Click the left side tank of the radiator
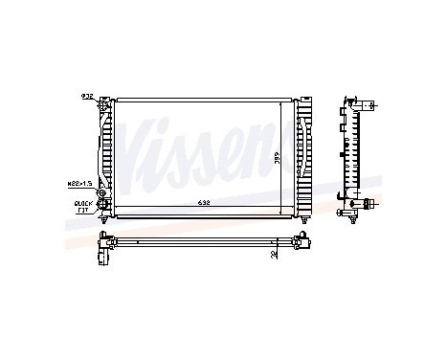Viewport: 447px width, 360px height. [107, 153]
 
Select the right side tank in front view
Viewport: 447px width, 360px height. [305, 153]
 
